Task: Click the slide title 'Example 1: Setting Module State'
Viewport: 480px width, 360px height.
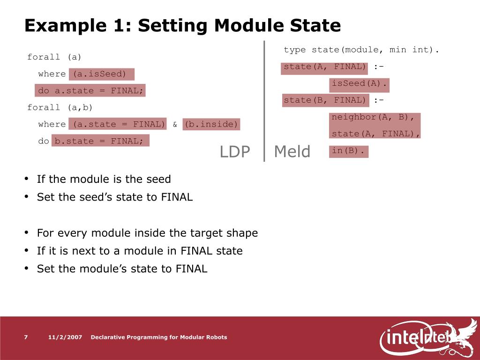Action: (x=182, y=25)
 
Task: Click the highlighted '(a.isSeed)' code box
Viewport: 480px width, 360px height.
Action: (x=101, y=74)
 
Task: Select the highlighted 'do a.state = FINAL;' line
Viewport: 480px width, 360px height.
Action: (x=90, y=90)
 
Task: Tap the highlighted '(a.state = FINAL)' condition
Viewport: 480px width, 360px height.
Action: (x=117, y=124)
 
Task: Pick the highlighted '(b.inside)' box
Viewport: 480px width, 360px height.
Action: (x=211, y=124)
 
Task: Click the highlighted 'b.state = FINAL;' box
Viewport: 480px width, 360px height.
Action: (x=100, y=141)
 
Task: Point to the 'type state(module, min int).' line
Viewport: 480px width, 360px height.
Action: (x=361, y=50)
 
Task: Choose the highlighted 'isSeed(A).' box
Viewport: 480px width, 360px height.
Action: (x=360, y=84)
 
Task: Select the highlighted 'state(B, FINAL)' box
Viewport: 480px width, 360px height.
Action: (x=325, y=100)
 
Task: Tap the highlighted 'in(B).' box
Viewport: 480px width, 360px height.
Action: (x=349, y=151)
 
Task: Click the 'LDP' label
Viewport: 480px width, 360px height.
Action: (x=235, y=151)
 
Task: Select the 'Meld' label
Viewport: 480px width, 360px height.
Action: (x=292, y=151)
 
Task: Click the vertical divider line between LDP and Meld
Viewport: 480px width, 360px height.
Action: (x=264, y=101)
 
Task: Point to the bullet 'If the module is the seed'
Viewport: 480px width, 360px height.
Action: (x=104, y=179)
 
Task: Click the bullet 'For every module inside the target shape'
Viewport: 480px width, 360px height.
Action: (x=147, y=233)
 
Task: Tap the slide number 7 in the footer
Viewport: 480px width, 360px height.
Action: (x=26, y=337)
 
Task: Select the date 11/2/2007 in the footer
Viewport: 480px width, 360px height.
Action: (x=65, y=337)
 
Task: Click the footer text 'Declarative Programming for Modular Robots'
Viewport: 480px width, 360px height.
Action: (x=158, y=337)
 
